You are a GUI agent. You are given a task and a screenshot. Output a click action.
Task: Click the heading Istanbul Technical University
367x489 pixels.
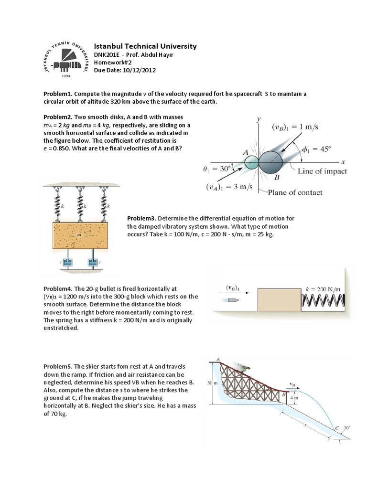click(145, 46)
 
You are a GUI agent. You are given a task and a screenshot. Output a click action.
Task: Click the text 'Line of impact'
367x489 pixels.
click(322, 171)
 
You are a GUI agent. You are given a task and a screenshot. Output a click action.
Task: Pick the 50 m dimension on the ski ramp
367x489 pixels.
click(213, 383)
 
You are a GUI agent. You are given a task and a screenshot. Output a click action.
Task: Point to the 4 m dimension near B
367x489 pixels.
click(296, 397)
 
